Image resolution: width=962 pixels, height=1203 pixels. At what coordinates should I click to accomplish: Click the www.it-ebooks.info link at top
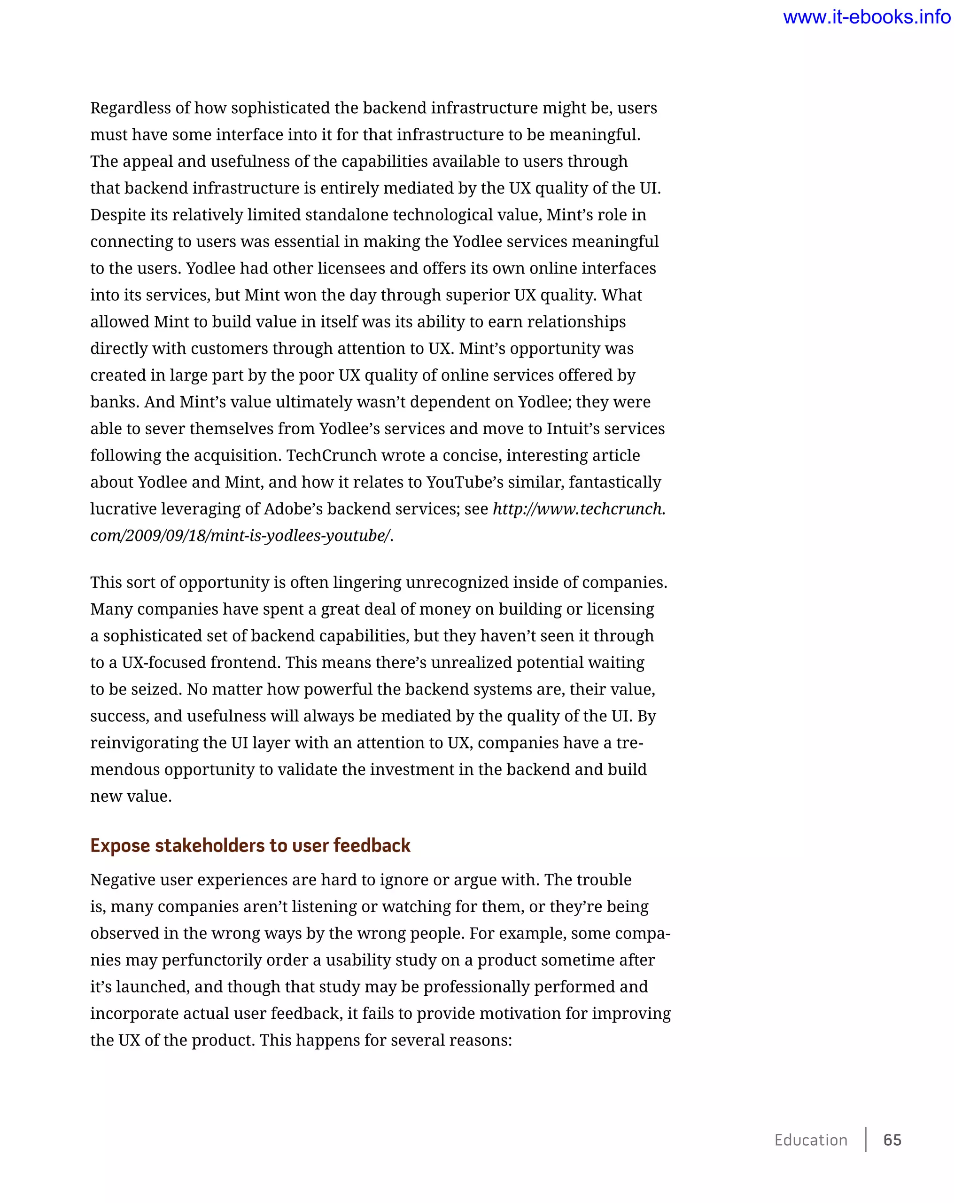(866, 17)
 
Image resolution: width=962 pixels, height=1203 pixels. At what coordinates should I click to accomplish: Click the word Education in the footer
(810, 1140)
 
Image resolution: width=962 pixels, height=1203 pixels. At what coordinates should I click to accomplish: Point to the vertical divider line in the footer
(866, 1140)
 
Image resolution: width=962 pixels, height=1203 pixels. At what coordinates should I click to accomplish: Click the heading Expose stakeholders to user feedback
(250, 845)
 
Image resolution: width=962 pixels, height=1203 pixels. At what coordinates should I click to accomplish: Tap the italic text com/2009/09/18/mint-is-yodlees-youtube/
(240, 536)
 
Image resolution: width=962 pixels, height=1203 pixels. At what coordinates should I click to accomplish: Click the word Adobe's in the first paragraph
(292, 509)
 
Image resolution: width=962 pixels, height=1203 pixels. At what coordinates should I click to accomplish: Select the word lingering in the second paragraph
(367, 583)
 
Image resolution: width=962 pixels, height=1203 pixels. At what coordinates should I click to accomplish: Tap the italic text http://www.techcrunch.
(579, 509)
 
